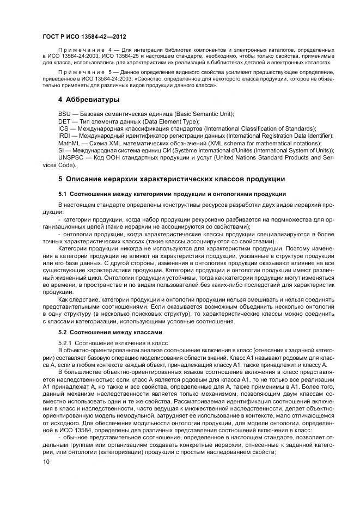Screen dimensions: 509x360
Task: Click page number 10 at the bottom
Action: (x=45, y=462)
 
